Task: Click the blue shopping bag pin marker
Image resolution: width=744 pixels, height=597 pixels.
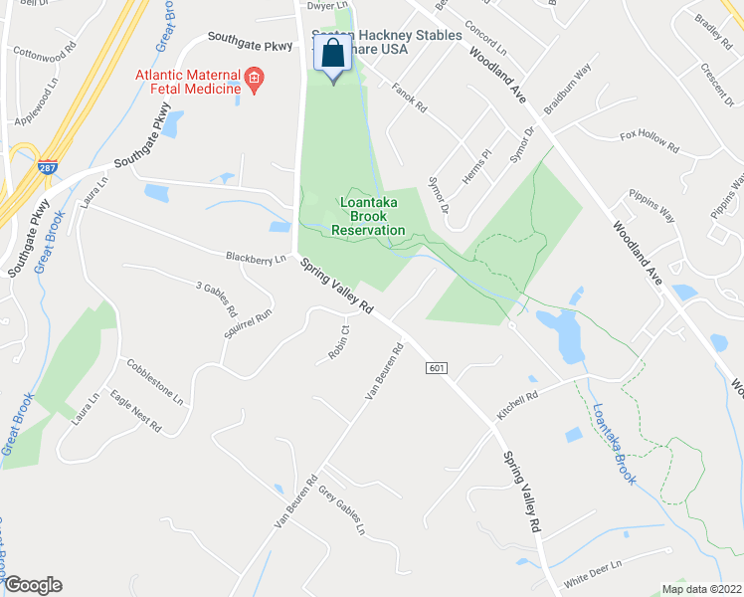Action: pos(333,55)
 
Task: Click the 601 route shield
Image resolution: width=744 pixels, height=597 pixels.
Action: pos(437,368)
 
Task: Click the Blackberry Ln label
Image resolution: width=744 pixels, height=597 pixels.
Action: pos(256,258)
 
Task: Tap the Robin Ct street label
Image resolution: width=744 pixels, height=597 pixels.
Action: pos(338,342)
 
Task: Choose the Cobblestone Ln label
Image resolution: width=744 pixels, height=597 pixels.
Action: pos(153,382)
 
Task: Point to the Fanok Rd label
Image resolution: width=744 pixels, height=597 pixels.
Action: pos(409,97)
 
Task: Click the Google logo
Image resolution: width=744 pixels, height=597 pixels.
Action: pos(32,585)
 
